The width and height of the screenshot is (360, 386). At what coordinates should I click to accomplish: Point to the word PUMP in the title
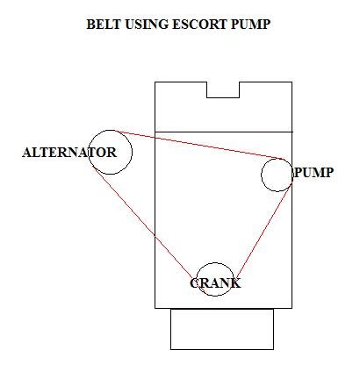click(x=250, y=25)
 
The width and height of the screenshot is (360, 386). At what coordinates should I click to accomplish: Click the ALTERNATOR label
click(x=69, y=153)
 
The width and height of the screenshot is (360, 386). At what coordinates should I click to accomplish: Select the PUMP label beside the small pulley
click(x=313, y=172)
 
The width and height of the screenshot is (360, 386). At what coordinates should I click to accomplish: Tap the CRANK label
click(x=215, y=283)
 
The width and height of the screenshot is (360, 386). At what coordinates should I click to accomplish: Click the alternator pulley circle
click(x=111, y=130)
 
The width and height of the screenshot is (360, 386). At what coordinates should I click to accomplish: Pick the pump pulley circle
click(x=277, y=159)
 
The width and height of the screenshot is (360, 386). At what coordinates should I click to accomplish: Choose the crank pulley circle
click(x=215, y=263)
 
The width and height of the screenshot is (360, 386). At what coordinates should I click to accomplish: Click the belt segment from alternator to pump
click(x=198, y=145)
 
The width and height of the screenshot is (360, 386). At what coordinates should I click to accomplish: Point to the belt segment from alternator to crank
click(x=142, y=222)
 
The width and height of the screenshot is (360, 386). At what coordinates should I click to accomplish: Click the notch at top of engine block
click(x=223, y=97)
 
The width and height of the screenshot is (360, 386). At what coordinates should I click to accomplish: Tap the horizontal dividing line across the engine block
click(x=224, y=132)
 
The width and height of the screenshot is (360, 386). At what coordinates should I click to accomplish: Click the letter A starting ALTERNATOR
click(x=26, y=153)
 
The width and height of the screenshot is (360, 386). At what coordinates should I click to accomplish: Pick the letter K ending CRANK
click(x=236, y=283)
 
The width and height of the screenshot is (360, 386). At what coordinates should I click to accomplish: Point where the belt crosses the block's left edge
click(x=155, y=236)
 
